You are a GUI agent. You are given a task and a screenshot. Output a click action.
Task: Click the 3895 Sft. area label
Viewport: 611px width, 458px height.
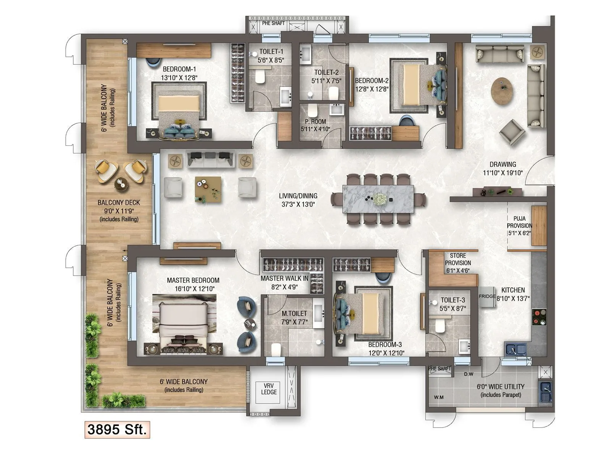117,429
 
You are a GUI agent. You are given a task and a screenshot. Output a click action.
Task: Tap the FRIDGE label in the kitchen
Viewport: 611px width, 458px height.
487,296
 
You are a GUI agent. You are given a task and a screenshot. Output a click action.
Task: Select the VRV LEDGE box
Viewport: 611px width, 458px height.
268,389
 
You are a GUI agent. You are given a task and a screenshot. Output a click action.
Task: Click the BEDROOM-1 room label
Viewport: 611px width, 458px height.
179,69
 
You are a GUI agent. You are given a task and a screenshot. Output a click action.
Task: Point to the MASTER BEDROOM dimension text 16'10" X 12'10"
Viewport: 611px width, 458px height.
195,289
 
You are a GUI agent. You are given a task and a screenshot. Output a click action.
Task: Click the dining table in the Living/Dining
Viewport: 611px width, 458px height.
378,198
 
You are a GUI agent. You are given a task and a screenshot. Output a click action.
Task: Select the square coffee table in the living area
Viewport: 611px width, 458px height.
208,189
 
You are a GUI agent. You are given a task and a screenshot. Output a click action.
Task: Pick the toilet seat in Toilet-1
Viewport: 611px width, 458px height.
260,77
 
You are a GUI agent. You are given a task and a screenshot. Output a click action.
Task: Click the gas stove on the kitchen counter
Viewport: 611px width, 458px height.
539,317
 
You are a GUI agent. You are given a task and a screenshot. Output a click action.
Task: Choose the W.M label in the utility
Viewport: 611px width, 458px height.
439,397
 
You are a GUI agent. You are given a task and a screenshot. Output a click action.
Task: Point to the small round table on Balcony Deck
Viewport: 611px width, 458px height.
121,184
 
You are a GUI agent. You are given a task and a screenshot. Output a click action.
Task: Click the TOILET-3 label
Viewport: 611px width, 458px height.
453,300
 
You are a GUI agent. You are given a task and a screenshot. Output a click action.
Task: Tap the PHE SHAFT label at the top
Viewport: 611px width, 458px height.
273,23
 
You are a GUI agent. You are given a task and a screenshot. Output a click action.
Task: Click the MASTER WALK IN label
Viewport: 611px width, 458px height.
284,279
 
